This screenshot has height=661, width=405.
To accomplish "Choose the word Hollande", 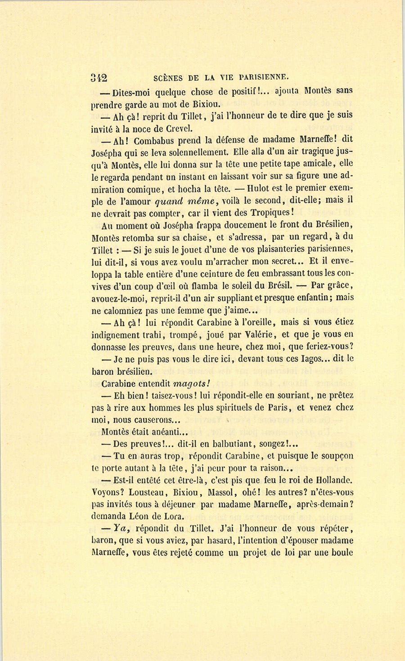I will (x=332, y=480).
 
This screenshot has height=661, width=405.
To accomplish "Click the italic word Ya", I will (x=119, y=528).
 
